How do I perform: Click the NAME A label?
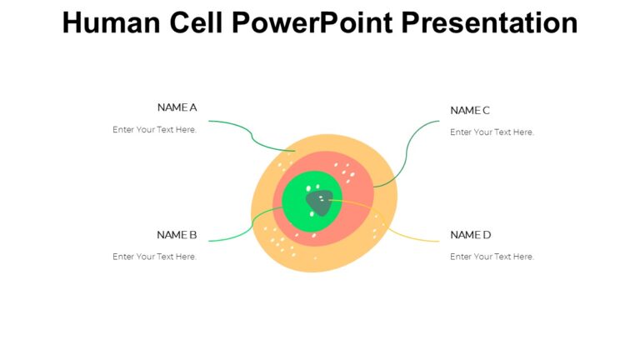point(177,107)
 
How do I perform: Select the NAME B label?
point(177,235)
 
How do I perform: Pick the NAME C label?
point(470,110)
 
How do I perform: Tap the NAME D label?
point(470,235)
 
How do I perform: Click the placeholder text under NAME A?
point(155,130)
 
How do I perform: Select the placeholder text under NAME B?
point(155,257)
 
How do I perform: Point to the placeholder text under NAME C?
point(492,132)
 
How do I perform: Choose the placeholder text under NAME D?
point(492,257)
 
